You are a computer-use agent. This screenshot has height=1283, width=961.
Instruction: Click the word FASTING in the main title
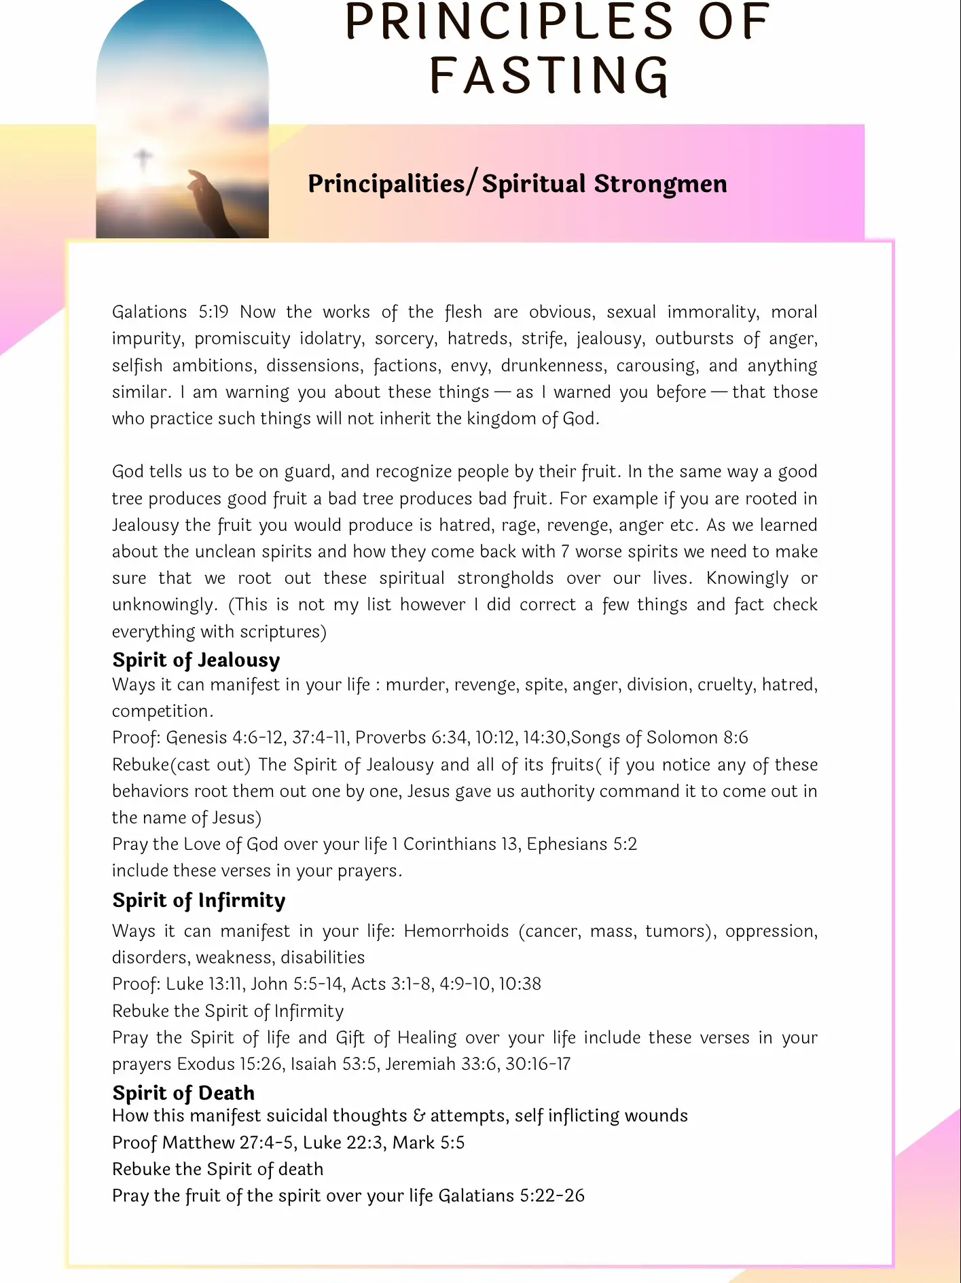point(549,75)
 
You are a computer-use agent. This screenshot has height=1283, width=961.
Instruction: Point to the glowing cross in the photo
point(143,160)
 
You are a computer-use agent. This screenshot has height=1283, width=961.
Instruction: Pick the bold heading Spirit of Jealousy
point(196,660)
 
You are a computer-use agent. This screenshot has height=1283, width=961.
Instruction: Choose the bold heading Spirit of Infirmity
point(199,900)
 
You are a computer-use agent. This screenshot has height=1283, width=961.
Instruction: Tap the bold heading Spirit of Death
point(183,1093)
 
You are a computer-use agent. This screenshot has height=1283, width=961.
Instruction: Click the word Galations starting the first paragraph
point(149,312)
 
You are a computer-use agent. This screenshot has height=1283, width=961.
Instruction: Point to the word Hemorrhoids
point(456,931)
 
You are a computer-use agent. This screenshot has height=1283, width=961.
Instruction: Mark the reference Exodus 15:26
point(230,1064)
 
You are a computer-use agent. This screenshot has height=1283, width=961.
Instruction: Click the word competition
point(162,711)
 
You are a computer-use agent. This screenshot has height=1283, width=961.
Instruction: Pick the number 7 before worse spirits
point(565,551)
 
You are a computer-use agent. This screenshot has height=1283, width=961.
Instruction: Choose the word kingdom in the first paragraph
point(501,418)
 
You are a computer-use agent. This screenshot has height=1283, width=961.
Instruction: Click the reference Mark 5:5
point(429,1142)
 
